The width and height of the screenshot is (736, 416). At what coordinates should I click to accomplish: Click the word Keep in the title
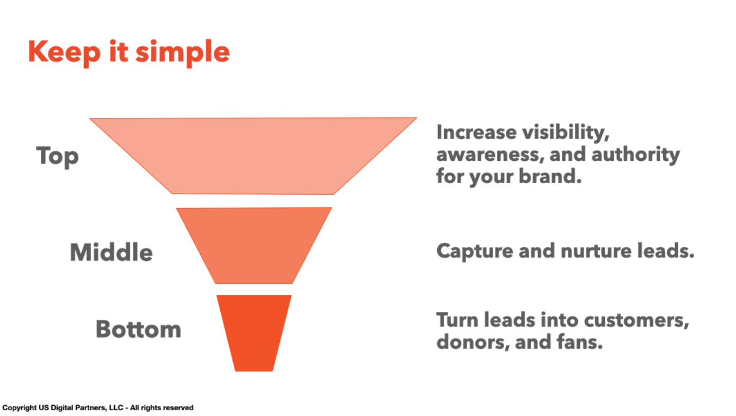coord(65,52)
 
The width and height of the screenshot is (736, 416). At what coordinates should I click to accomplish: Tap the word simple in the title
coord(183,52)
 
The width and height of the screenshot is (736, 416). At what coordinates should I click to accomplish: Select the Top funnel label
coord(58,156)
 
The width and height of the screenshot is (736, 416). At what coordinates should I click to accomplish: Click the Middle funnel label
coord(112,252)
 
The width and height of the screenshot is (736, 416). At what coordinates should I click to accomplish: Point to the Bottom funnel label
coord(138,329)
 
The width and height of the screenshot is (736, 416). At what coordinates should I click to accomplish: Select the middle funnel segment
coord(254,245)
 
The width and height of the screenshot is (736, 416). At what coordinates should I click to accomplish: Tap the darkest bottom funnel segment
coord(254,333)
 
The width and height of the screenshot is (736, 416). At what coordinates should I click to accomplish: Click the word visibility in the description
coord(566,133)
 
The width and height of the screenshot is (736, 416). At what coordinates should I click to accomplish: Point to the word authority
coord(636,155)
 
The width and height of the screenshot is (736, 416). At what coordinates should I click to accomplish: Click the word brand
coord(550,176)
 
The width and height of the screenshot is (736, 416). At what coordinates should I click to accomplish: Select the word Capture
coord(475,251)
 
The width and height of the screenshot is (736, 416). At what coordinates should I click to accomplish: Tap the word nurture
coord(596,251)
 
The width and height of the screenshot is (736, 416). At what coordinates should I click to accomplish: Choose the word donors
coord(473,342)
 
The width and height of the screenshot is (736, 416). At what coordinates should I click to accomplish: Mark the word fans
coord(580,341)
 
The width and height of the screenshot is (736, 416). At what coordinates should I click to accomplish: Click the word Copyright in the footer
coord(20,408)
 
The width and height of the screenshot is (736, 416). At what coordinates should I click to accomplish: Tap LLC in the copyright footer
coord(116,408)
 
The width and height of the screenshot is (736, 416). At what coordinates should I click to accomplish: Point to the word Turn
coord(457,320)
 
